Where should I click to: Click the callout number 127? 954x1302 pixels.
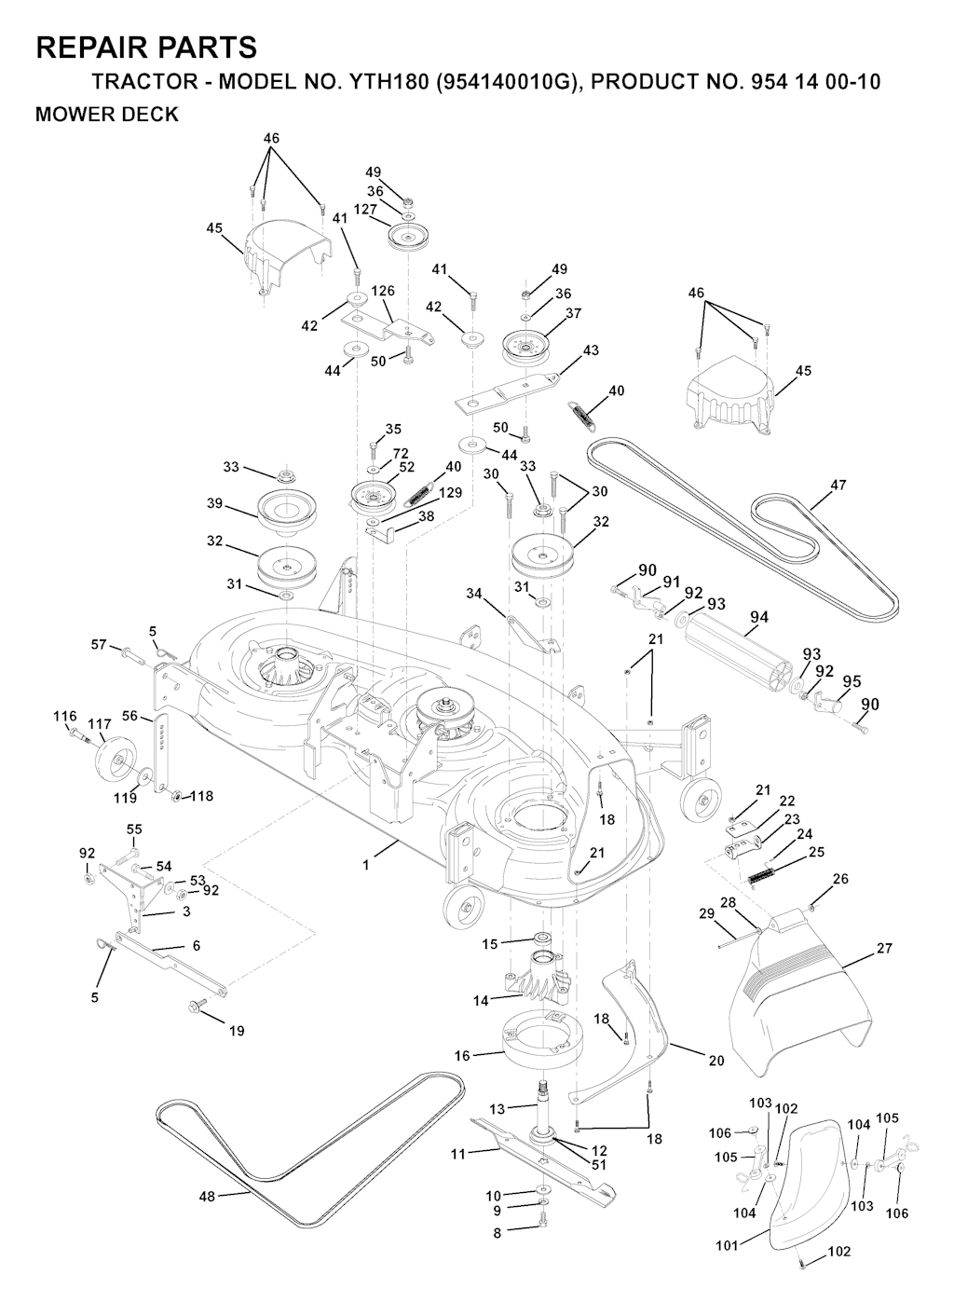(x=365, y=210)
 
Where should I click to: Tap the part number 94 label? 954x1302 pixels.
(x=759, y=617)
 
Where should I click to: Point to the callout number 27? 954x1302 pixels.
(x=884, y=948)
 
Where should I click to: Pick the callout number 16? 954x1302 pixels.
(x=462, y=1056)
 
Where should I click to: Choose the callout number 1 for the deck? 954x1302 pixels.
(x=366, y=865)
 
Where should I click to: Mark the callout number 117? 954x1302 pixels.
(x=100, y=723)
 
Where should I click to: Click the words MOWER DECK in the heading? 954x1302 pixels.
(x=106, y=116)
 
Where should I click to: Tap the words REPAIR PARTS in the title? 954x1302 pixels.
(x=146, y=48)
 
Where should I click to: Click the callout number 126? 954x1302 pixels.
(x=383, y=291)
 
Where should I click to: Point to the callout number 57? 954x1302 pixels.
(x=99, y=644)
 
